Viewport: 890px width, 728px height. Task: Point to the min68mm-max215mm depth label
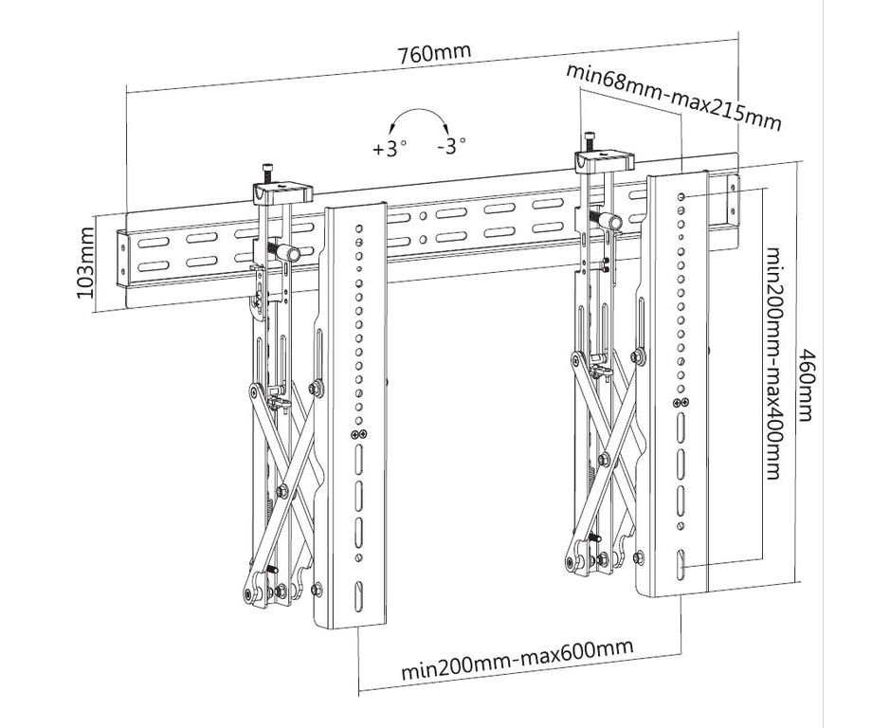(x=674, y=98)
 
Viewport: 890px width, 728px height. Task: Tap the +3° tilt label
(x=390, y=148)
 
